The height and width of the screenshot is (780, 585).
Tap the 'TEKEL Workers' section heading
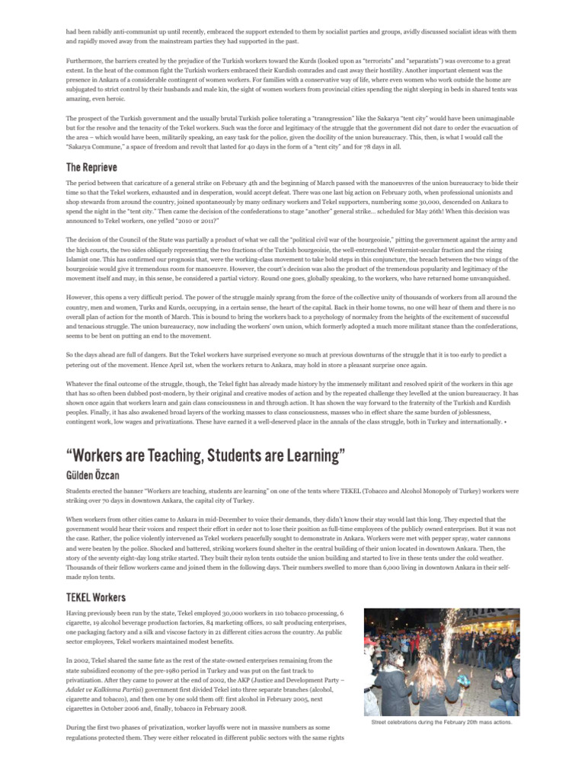pos(96,597)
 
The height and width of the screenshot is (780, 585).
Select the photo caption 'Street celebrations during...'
pos(442,722)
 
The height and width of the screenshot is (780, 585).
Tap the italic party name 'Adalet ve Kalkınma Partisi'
pos(101,680)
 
